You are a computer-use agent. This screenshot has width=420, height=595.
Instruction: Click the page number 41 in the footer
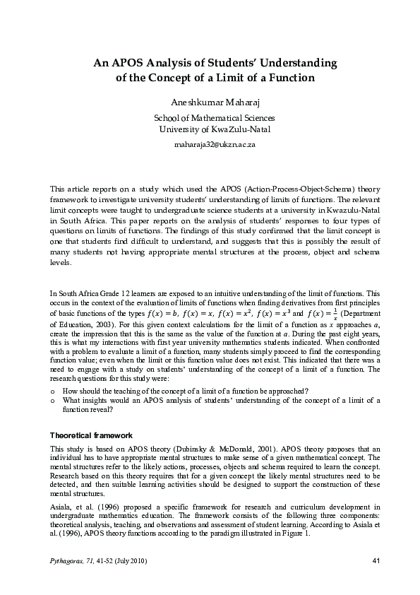click(375, 561)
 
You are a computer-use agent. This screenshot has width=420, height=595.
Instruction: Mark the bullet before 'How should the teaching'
click(54, 391)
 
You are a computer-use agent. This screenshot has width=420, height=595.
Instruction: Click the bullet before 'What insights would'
click(54, 401)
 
